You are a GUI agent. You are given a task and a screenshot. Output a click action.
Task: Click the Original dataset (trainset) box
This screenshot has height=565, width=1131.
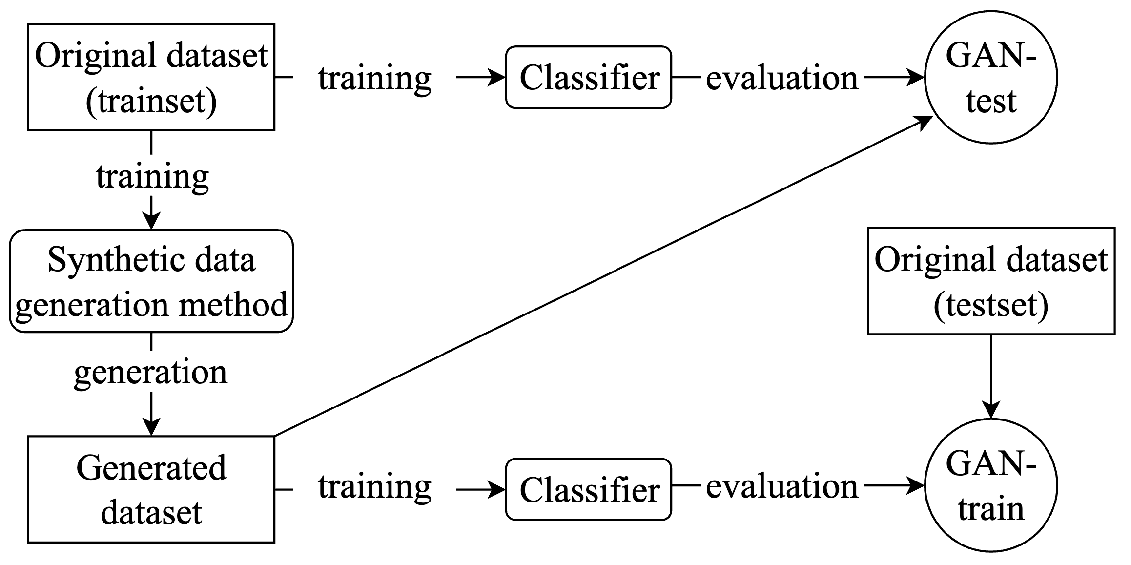[x=151, y=77]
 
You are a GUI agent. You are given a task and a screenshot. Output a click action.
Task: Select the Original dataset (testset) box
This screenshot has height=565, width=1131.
[x=991, y=281]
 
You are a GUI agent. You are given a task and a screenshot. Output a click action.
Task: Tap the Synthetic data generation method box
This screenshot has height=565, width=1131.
[x=151, y=281]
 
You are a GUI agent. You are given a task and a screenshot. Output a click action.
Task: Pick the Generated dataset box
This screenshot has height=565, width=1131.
[x=151, y=489]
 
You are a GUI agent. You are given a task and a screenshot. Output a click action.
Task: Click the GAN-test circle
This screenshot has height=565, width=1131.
[x=991, y=77]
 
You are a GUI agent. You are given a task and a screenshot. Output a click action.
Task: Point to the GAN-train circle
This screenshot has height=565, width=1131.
[x=991, y=486]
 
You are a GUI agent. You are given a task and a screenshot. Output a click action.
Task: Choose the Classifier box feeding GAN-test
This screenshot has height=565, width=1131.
[x=589, y=77]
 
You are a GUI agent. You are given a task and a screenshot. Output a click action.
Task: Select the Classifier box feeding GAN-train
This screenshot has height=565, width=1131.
[x=589, y=489]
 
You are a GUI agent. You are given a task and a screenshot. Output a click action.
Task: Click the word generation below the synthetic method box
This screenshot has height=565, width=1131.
[x=151, y=372]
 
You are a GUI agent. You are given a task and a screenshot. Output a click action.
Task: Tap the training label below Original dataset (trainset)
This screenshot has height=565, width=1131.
[x=152, y=177]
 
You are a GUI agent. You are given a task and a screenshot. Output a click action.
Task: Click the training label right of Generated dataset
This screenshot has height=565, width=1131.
[x=375, y=487]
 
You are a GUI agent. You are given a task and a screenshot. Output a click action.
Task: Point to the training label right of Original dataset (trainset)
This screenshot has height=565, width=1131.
[x=375, y=78]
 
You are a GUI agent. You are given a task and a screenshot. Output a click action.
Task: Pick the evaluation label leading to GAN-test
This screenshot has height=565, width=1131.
[x=782, y=78]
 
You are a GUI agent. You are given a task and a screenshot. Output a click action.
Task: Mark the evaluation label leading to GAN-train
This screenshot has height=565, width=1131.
[x=782, y=487]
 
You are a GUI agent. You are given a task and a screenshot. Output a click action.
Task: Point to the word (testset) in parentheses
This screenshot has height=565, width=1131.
[x=991, y=305]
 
